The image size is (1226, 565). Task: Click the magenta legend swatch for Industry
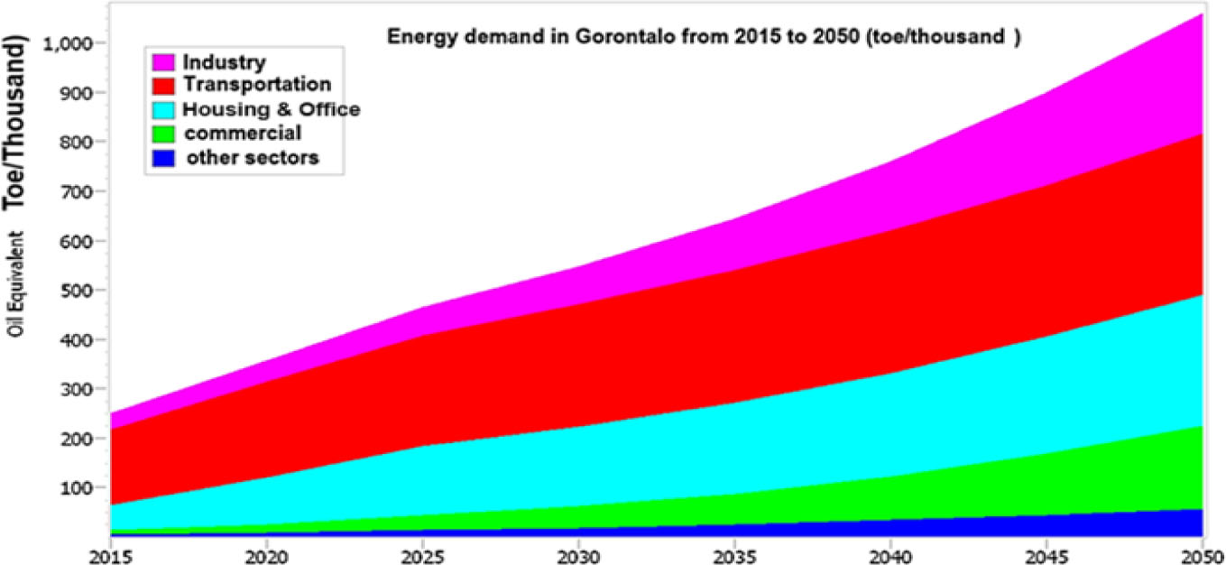(x=163, y=62)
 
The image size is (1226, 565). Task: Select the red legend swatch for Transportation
(x=163, y=86)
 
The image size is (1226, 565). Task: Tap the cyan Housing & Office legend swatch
(x=163, y=110)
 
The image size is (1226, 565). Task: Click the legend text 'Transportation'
(x=256, y=86)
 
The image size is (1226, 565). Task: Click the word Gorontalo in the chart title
(x=569, y=39)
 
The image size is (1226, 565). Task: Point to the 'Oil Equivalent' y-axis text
(x=18, y=285)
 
